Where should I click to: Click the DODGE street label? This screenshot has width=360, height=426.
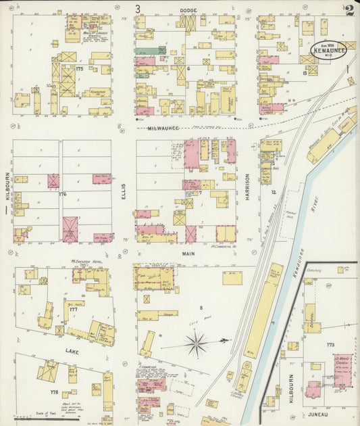click(188, 11)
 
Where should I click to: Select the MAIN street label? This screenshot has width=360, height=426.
click(188, 253)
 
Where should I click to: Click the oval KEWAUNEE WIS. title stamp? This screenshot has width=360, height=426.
click(328, 49)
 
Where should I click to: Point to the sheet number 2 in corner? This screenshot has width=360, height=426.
click(350, 10)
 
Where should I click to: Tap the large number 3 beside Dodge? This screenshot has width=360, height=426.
click(138, 9)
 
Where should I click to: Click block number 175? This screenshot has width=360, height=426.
click(80, 68)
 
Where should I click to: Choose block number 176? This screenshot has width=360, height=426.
click(63, 194)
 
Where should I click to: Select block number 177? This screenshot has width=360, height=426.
click(73, 309)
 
